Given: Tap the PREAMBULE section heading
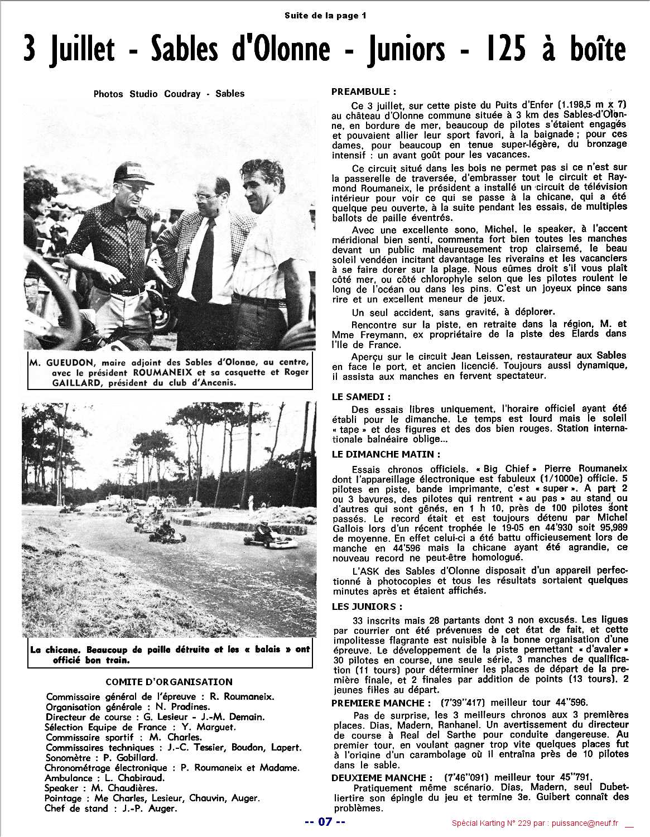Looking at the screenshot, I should [x=364, y=92].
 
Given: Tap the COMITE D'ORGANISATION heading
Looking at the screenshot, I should [x=169, y=681].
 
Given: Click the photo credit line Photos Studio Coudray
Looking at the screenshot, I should [x=169, y=94].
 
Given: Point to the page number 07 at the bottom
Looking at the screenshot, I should [x=325, y=821].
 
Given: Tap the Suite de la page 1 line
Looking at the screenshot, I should [x=325, y=16].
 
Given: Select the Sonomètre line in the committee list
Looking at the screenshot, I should [x=101, y=757].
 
